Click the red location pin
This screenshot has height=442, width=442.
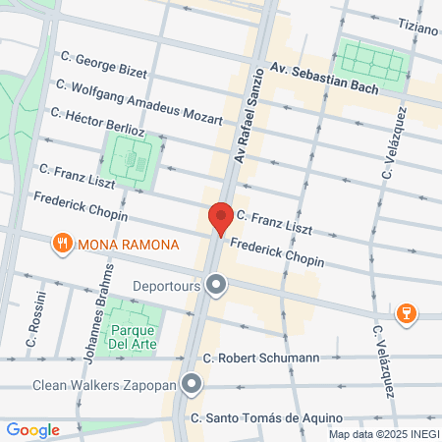point(220,217)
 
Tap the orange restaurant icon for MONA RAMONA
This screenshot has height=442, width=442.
point(62,242)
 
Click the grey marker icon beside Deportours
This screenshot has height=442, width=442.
point(216,287)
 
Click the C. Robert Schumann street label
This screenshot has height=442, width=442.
point(260,359)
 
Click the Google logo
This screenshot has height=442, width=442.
point(32,429)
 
